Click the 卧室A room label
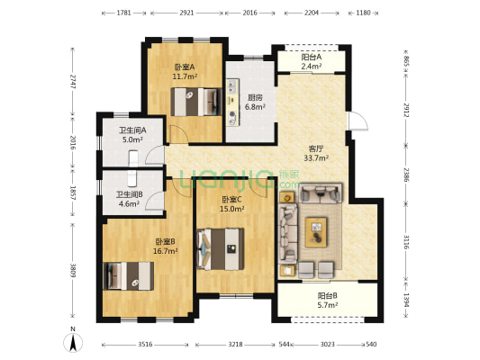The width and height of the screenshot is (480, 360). (x=185, y=67)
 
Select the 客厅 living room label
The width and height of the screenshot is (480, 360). (x=315, y=147)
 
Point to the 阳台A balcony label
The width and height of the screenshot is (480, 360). (x=312, y=58)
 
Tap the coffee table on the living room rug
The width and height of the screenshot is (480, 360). (x=318, y=232)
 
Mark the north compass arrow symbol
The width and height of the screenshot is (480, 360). (x=74, y=340)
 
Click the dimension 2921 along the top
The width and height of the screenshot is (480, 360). (x=186, y=13)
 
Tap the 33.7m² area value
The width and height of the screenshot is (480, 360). (x=315, y=157)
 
